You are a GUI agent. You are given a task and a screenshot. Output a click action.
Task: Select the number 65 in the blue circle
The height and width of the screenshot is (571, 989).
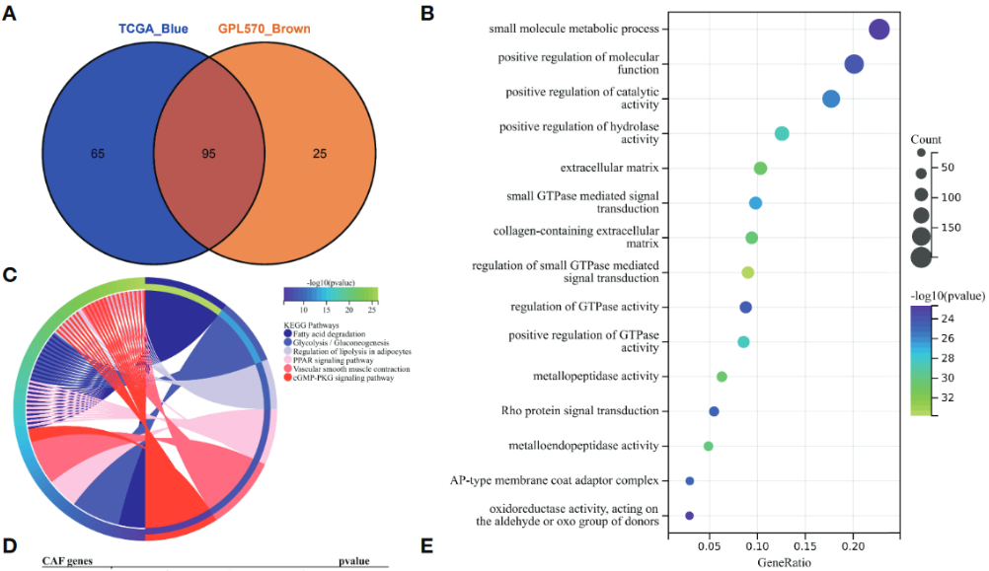[x=97, y=154]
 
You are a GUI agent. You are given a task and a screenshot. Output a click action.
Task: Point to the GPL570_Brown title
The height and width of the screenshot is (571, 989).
[x=264, y=29]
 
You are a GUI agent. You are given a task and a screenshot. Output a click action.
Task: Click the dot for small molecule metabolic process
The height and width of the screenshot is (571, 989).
[x=879, y=30]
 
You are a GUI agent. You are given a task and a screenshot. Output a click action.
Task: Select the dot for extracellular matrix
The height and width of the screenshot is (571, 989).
[x=760, y=169]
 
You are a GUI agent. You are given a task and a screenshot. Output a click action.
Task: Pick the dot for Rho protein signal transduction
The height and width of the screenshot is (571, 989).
[x=714, y=411]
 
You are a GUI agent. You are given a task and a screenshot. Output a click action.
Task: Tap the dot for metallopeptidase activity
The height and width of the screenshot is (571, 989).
[x=722, y=377]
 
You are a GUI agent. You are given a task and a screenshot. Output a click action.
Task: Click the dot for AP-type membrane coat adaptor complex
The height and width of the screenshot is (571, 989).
[x=690, y=480]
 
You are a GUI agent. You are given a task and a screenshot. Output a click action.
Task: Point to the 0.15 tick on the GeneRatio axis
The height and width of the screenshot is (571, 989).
[x=804, y=544]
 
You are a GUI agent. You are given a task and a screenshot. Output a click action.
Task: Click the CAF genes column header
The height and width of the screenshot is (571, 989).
[x=67, y=561]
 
